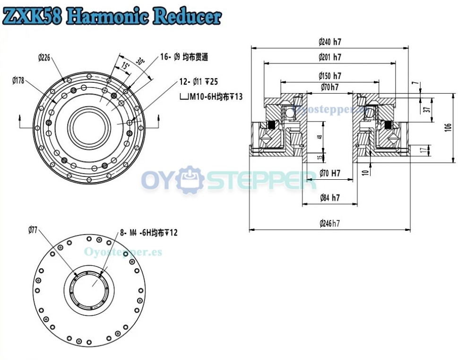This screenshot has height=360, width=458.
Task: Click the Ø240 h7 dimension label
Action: pos(329,42)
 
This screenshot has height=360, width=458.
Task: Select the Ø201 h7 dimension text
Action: pos(329,57)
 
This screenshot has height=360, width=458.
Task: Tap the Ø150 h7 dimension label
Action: pos(329,76)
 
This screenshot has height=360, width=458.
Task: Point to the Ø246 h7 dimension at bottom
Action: pos(329,223)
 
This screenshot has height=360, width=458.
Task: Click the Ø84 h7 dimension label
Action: pos(329,198)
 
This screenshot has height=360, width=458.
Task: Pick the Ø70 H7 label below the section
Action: pos(329,173)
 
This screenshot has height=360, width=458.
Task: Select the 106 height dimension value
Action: pos(448,128)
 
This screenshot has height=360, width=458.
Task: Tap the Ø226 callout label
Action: pos(44,58)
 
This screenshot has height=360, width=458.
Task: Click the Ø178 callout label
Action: pos(18,80)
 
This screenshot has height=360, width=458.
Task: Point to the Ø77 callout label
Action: pos(33,230)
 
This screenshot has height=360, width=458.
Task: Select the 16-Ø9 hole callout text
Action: pos(184,57)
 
